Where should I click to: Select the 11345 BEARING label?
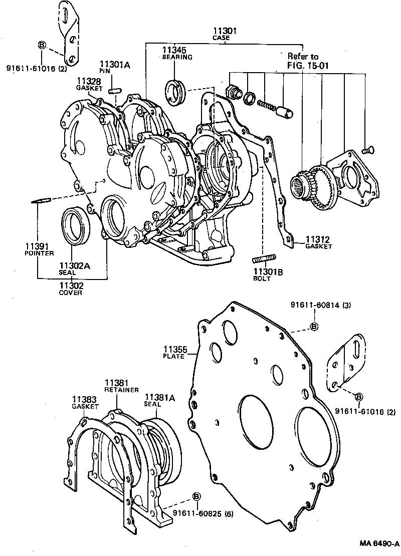(x=176, y=53)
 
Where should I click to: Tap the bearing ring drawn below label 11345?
(x=176, y=92)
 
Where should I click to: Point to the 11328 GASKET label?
(x=90, y=84)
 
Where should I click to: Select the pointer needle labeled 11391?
(x=40, y=201)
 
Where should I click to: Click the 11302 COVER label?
(x=70, y=289)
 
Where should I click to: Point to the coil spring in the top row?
(x=266, y=104)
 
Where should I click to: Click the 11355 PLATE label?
(x=174, y=352)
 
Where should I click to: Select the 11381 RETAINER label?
(x=117, y=385)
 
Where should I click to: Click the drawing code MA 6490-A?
(x=378, y=543)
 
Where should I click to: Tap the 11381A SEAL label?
(x=159, y=400)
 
